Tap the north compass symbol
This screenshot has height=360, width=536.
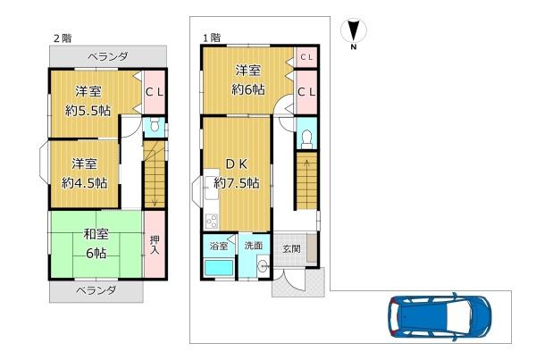coord(354,32)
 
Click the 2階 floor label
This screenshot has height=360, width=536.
coord(63,38)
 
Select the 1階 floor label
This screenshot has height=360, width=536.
coord(212,38)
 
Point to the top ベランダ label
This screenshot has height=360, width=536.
coord(108,56)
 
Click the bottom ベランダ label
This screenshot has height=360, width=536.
coord(96,291)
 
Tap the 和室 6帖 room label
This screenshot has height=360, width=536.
coord(96,244)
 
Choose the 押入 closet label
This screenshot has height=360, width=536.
coord(155,244)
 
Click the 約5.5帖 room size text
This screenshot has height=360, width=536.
coord(88,111)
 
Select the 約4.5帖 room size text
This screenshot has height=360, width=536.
coord(85,183)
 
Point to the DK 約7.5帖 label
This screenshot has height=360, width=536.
coord(237,173)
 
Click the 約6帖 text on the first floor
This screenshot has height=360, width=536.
coord(248,90)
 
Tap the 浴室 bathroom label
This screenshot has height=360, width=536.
coord(219,246)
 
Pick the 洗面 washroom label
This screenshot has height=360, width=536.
coord(254,246)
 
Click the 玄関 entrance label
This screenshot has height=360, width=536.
coord(291,249)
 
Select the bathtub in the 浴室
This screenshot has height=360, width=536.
coord(219,268)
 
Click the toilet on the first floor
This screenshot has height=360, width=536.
coord(306,139)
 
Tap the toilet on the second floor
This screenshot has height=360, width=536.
coord(155,124)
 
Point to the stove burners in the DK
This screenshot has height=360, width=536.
coord(211,222)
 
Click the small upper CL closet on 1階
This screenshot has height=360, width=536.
coord(306,57)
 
